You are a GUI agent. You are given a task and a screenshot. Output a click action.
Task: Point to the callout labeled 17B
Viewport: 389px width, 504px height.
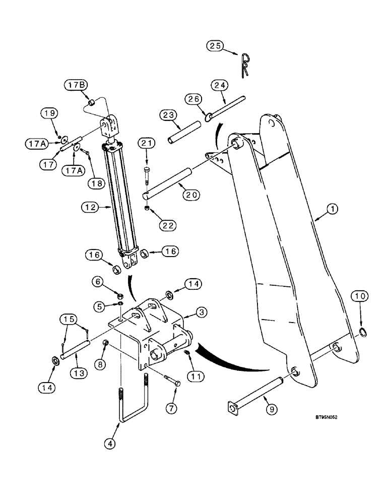[75, 86]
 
